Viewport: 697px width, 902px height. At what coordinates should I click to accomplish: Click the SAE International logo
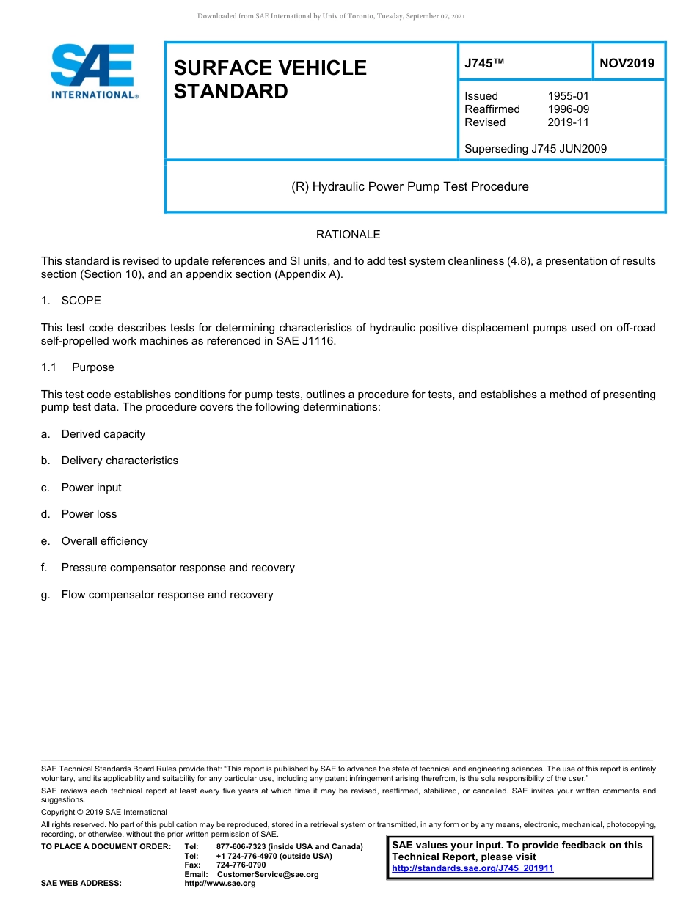[x=93, y=71]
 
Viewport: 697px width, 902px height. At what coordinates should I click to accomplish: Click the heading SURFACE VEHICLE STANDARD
[x=269, y=79]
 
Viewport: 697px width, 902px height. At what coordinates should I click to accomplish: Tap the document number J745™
[x=484, y=63]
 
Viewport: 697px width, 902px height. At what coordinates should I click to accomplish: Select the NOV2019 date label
[x=627, y=63]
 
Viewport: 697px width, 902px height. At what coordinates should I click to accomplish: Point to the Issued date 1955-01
[x=568, y=96]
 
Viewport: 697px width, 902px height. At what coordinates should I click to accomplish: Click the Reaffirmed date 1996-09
[x=568, y=109]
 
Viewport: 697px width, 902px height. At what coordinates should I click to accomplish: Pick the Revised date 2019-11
[x=568, y=122]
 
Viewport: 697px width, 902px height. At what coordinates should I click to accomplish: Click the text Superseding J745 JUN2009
[x=536, y=149]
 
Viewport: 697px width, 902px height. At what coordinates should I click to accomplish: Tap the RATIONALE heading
[x=348, y=235]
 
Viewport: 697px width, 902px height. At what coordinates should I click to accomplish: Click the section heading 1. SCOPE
[x=71, y=301]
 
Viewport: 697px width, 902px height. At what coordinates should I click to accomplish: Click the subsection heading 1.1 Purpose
[x=78, y=367]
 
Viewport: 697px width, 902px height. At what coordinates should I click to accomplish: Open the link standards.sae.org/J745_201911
[x=472, y=868]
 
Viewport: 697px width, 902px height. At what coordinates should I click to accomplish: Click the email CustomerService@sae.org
[x=268, y=874]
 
